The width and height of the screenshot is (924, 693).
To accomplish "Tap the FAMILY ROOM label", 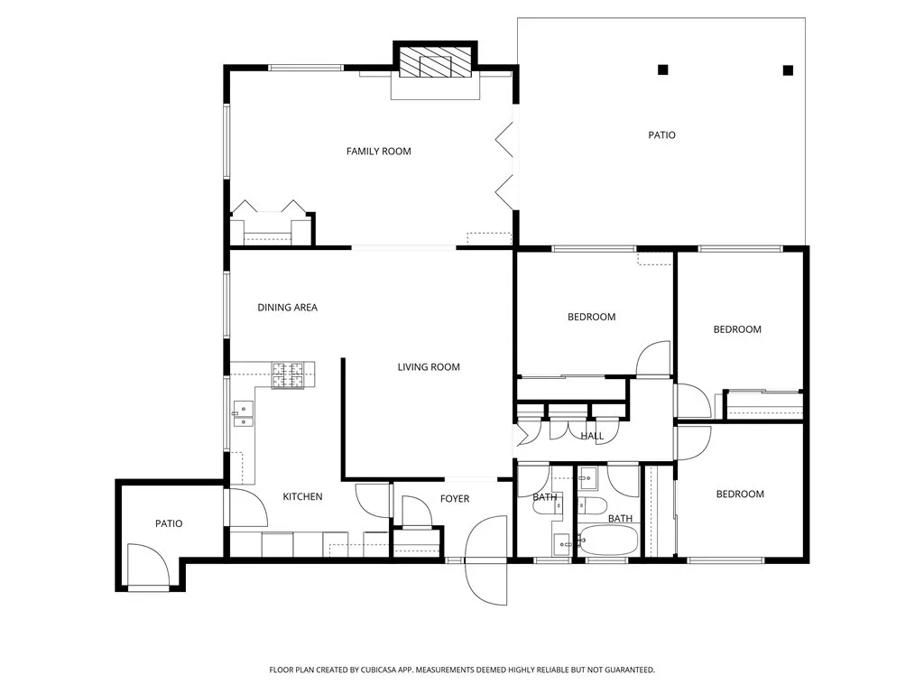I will pos(378,152).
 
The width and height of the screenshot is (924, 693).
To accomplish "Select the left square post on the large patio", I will pos(663,69).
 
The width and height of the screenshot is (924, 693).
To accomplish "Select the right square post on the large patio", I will pos(788,69).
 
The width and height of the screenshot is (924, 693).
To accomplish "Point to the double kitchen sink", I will pos(243,414).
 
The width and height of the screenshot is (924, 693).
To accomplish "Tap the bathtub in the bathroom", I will pos(608,541).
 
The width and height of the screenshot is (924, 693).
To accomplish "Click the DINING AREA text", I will pos(287,308).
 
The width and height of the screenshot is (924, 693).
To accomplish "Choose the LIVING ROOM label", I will pos(429,367).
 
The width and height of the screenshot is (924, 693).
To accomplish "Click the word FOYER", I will pos(454,499).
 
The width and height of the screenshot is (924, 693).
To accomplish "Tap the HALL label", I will pos(592,437).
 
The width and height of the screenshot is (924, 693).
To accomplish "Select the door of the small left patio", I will pos(147,567).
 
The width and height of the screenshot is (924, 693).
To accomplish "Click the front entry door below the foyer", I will pos(486,561).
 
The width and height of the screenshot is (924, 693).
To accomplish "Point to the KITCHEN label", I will pos(302,497).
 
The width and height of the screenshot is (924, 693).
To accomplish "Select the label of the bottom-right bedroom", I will pos(740,494).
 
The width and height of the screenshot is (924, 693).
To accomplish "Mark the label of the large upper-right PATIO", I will pos(661,135).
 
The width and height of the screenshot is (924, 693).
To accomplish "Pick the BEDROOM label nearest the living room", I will pos(591,317).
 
